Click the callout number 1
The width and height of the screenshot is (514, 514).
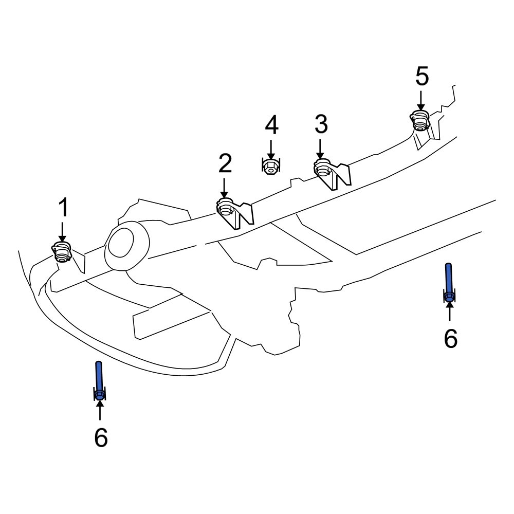pyautogui.click(x=63, y=208)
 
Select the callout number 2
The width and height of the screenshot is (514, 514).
pyautogui.click(x=225, y=163)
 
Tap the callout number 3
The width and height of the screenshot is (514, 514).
pyautogui.click(x=321, y=124)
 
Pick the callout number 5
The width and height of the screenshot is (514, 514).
pyautogui.click(x=421, y=77)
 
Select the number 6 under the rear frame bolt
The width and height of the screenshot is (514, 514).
pyautogui.click(x=450, y=339)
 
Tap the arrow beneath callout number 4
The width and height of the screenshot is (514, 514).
pyautogui.click(x=271, y=149)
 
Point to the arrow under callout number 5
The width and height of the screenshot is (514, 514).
pyautogui.click(x=421, y=101)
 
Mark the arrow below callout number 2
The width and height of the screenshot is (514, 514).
pyautogui.click(x=225, y=188)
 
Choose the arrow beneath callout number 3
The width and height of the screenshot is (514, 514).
pyautogui.click(x=320, y=149)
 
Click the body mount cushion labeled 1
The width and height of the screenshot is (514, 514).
pyautogui.click(x=62, y=252)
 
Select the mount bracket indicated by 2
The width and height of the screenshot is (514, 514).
pyautogui.click(x=234, y=212)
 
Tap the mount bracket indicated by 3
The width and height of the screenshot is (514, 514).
pyautogui.click(x=332, y=172)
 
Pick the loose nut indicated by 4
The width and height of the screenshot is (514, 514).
pyautogui.click(x=270, y=167)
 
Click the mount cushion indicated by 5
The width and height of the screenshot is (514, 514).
pyautogui.click(x=420, y=121)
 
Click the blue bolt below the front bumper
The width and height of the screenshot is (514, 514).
pyautogui.click(x=99, y=380)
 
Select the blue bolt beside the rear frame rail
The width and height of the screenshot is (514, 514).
pyautogui.click(x=449, y=283)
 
